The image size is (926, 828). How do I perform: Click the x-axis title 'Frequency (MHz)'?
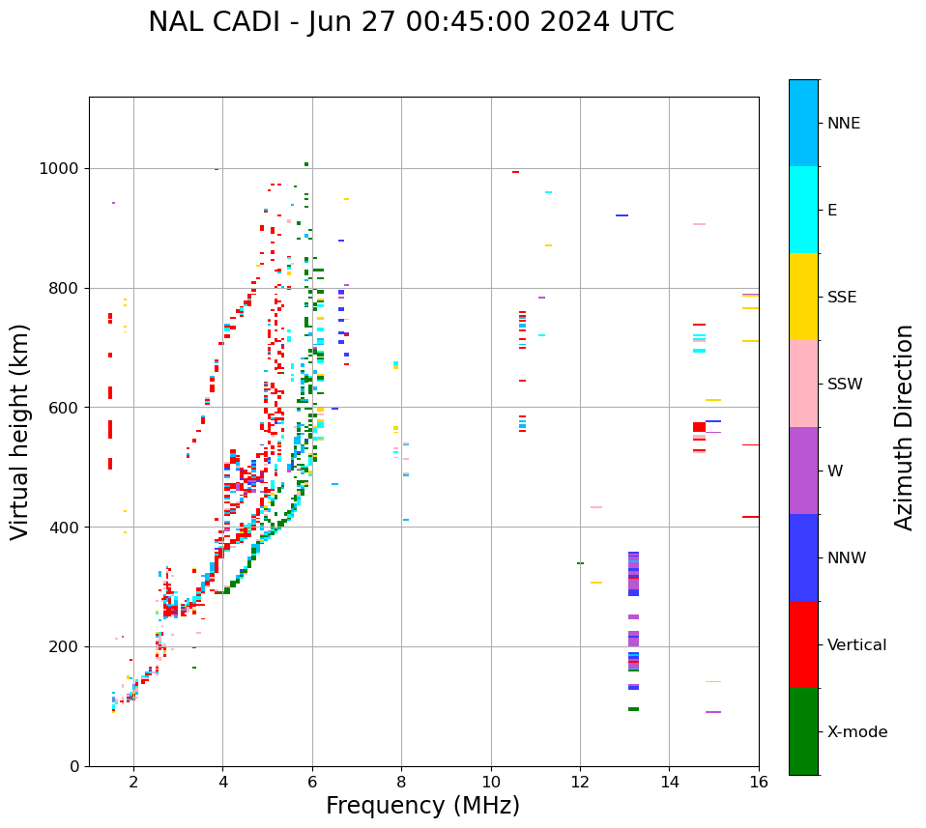[x=422, y=806]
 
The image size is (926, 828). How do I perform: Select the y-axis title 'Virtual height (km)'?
[x=20, y=432]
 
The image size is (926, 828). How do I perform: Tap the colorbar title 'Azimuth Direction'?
[x=904, y=427]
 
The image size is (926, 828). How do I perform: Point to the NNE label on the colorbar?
[x=843, y=124]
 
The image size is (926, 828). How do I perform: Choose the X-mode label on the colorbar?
[x=856, y=732]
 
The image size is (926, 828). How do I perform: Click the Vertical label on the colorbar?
[x=856, y=645]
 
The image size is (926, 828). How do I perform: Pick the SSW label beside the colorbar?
[x=845, y=385]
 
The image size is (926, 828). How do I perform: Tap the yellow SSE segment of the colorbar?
[x=803, y=297]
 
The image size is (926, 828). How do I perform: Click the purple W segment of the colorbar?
[x=803, y=471]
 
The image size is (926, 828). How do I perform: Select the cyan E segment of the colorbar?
[x=803, y=210]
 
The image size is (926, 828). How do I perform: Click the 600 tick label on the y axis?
[x=67, y=408]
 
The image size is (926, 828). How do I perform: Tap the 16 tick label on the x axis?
[x=758, y=782]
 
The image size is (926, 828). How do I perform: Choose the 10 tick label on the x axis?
[x=490, y=782]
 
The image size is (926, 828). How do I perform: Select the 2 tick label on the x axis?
[x=133, y=782]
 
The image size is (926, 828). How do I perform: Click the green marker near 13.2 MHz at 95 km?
[x=633, y=709]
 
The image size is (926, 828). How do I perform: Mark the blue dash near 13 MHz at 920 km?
[x=622, y=215]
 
